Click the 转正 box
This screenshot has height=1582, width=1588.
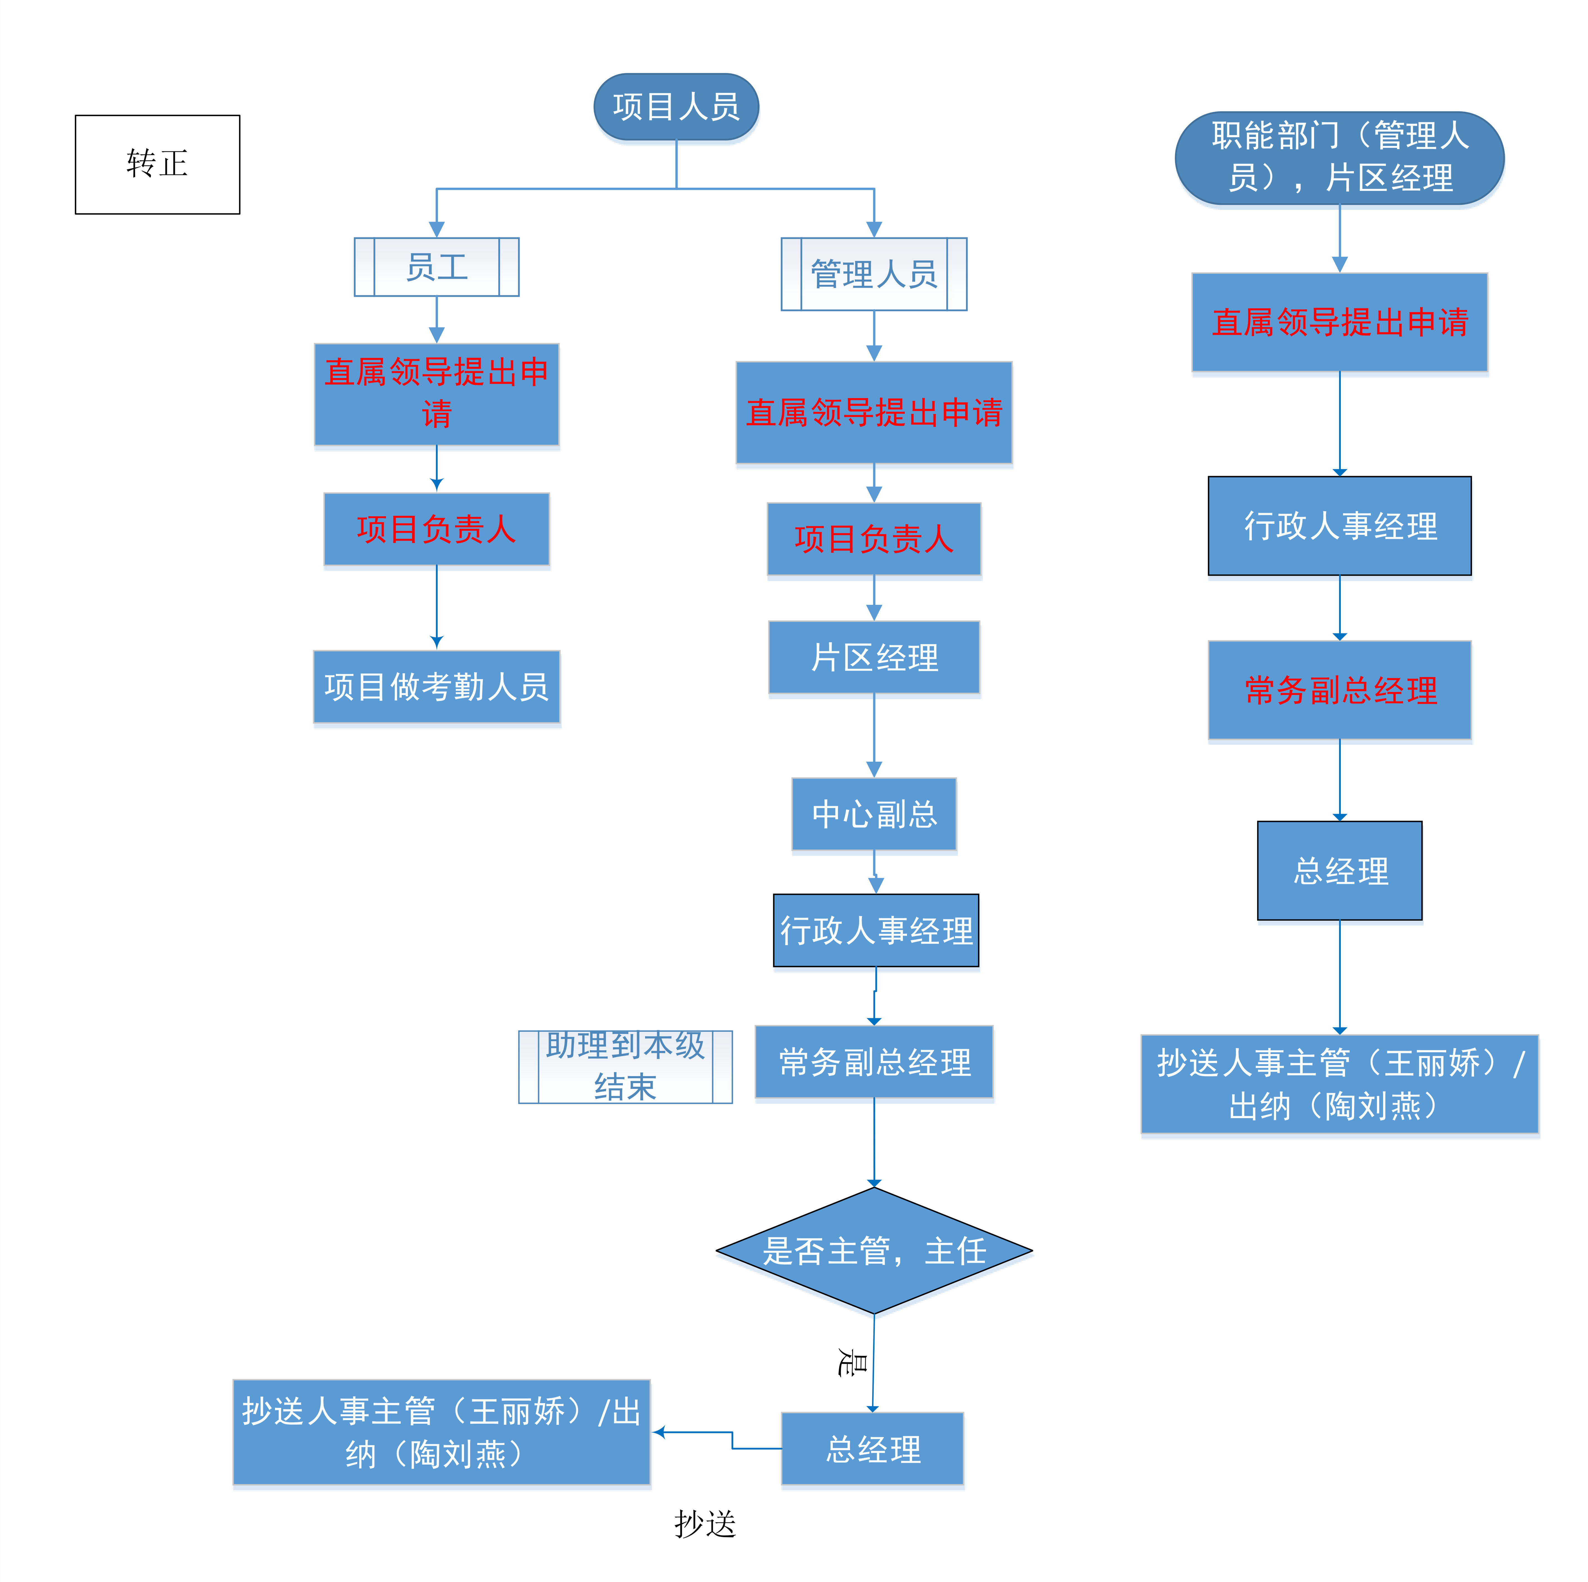(157, 164)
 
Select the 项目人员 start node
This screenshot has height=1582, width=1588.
(676, 107)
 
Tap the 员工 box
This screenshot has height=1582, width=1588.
(437, 267)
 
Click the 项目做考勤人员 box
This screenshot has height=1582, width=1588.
(437, 687)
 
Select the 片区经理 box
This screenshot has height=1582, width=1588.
(874, 658)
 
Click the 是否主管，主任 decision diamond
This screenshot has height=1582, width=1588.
(874, 1251)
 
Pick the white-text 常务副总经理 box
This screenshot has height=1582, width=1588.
(874, 1062)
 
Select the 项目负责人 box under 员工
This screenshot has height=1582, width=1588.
(437, 529)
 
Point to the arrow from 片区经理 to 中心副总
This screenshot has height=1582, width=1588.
(874, 735)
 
